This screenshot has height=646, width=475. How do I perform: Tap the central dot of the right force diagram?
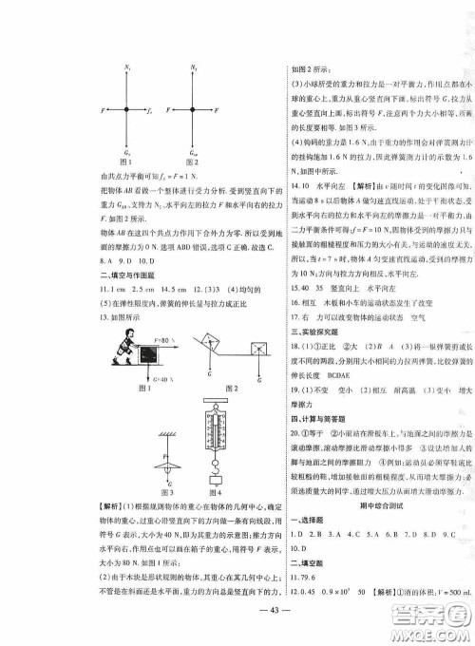click(x=193, y=110)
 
